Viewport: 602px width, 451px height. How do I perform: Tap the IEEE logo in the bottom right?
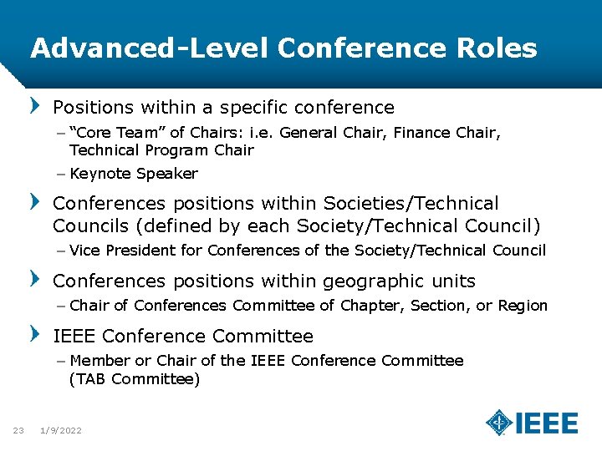pyautogui.click(x=532, y=423)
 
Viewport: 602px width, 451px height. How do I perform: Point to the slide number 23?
pyautogui.click(x=18, y=430)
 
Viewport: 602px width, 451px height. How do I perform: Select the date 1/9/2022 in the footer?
pyautogui.click(x=61, y=430)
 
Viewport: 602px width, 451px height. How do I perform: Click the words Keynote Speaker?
pyautogui.click(x=134, y=174)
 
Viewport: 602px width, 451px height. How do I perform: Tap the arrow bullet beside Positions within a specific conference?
pyautogui.click(x=34, y=107)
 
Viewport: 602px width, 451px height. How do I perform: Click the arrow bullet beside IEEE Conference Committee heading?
pyautogui.click(x=34, y=335)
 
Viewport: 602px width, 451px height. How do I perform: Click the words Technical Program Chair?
pyautogui.click(x=161, y=150)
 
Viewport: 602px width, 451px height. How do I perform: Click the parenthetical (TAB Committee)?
pyautogui.click(x=135, y=379)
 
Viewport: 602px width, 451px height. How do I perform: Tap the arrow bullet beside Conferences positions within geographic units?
pyautogui.click(x=34, y=279)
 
